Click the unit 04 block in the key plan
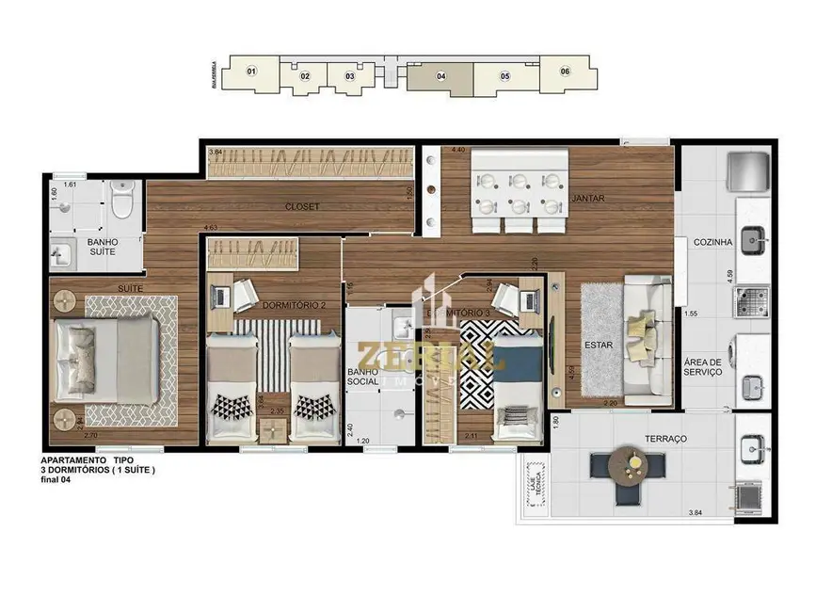coord(440,76)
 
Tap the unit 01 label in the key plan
coord(251,72)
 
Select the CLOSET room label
coord(304,206)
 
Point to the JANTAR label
coord(587,199)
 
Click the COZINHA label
coord(712,242)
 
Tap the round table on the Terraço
coord(626,463)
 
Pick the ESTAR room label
coord(598,345)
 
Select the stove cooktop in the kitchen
coord(751,299)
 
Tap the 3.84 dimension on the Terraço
coord(696,512)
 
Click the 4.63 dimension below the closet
coord(211,227)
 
